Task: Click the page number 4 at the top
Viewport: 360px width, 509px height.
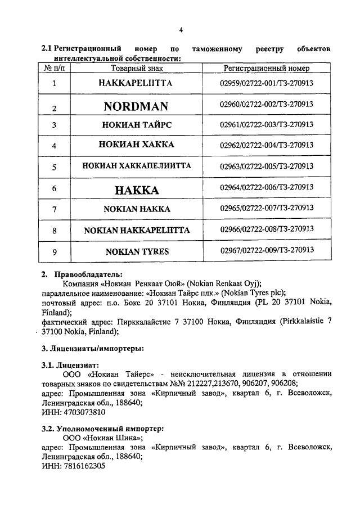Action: click(181, 30)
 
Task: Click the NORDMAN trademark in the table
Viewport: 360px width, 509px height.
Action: click(136, 106)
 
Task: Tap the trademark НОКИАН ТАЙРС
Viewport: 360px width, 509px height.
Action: click(136, 124)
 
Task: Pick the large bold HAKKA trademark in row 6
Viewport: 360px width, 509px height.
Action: click(137, 190)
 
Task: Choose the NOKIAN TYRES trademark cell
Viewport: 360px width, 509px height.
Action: click(136, 251)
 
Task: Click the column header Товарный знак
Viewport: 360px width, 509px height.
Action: click(136, 68)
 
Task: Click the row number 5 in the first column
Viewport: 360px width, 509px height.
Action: click(54, 167)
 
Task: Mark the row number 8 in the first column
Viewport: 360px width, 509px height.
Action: click(54, 231)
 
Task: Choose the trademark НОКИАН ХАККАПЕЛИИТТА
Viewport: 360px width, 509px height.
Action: click(136, 166)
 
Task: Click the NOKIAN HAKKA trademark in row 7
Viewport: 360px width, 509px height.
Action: click(136, 209)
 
